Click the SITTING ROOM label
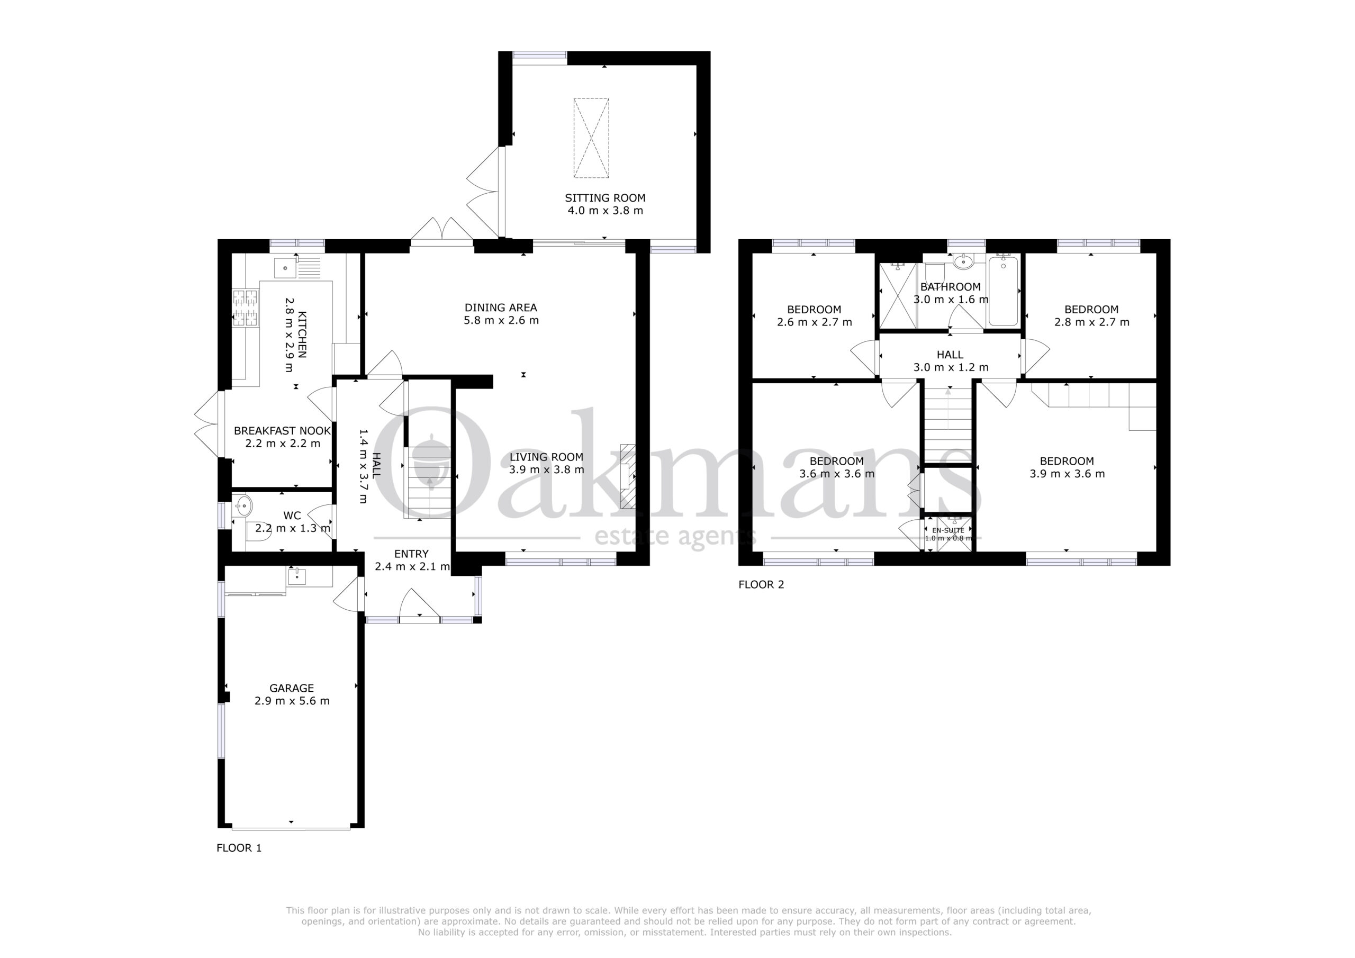pos(605,198)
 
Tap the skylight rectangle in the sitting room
pos(591,138)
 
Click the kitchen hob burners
pos(246,308)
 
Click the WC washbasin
pos(242,506)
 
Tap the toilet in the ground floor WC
pos(258,531)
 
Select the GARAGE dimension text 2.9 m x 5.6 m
pos(292,701)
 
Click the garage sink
pos(296,575)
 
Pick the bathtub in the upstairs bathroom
pos(1003,290)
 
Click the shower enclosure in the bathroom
pos(898,295)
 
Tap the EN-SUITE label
pos(948,530)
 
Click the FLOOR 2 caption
pos(761,584)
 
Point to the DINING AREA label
pos(501,308)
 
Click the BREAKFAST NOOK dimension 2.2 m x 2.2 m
pos(283,444)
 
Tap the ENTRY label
pos(411,554)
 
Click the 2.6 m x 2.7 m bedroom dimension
pos(815,322)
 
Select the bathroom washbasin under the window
pos(963,261)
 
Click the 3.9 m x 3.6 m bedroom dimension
pos(1067,473)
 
